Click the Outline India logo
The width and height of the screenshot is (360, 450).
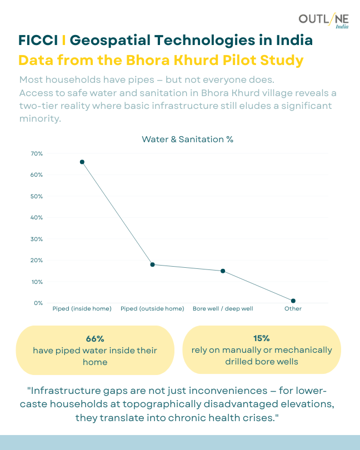pyautogui.click(x=323, y=21)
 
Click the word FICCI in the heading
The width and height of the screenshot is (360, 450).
pyautogui.click(x=38, y=41)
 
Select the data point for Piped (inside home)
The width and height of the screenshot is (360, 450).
pyautogui.click(x=82, y=162)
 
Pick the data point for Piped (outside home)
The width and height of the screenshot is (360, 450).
pyautogui.click(x=152, y=264)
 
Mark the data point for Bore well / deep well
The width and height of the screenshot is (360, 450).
pyautogui.click(x=223, y=271)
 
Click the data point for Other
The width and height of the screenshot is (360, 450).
pyautogui.click(x=293, y=301)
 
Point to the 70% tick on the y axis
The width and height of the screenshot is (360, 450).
pyautogui.click(x=37, y=153)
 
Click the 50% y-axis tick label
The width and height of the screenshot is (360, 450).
pyautogui.click(x=37, y=196)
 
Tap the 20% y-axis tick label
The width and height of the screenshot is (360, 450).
pyautogui.click(x=37, y=260)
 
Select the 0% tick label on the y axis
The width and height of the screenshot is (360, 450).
pyautogui.click(x=38, y=303)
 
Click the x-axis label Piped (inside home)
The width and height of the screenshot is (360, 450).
pyautogui.click(x=82, y=308)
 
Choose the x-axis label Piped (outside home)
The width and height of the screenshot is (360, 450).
pyautogui.click(x=152, y=308)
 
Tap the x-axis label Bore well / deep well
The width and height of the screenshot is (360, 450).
pyautogui.click(x=223, y=308)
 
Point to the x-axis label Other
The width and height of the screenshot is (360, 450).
pyautogui.click(x=293, y=308)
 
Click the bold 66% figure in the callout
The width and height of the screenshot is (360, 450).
pyautogui.click(x=95, y=339)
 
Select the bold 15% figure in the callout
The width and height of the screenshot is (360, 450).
pyautogui.click(x=261, y=338)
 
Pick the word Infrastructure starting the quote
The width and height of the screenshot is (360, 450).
pyautogui.click(x=64, y=389)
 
